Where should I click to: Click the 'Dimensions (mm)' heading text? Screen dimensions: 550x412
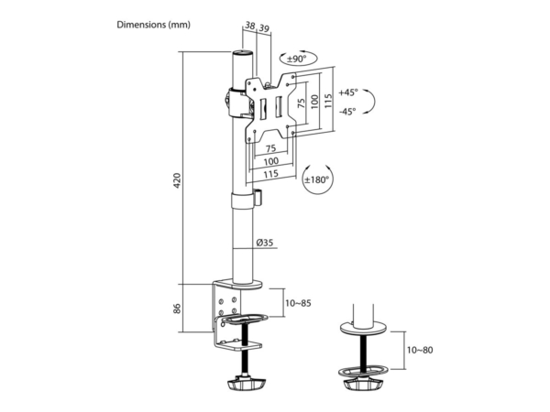154,25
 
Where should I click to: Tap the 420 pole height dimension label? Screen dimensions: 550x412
177,180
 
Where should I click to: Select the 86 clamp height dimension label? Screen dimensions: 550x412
177,309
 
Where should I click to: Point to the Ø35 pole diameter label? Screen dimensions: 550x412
265,243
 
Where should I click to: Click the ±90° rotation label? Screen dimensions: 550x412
297,59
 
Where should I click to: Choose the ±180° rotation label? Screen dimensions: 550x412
317,179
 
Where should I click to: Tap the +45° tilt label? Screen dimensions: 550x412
348,92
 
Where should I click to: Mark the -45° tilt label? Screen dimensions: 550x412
347,112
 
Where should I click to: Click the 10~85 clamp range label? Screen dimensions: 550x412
298,303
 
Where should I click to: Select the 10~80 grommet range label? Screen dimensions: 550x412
420,350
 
